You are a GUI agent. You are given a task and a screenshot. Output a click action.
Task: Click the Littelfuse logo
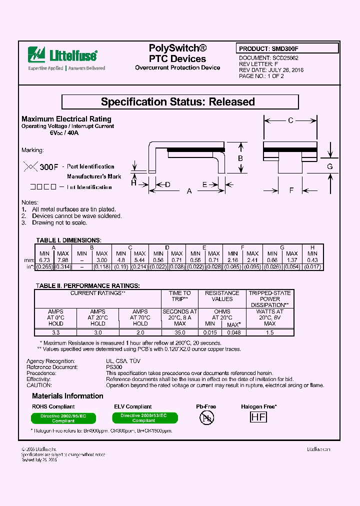point(62,54)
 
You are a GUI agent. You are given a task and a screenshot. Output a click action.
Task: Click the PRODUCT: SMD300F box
point(287,49)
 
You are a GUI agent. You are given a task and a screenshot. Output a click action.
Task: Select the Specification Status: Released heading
point(178,102)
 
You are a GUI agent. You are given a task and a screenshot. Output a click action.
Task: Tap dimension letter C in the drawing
point(290,120)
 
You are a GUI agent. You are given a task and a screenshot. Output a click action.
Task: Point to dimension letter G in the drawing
point(329,166)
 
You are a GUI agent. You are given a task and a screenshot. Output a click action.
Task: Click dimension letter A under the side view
point(189,191)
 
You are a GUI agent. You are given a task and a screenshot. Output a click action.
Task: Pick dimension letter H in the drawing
point(133,183)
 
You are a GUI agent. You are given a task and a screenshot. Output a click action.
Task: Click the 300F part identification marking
point(49,166)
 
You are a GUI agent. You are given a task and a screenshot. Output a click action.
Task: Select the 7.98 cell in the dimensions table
point(63,260)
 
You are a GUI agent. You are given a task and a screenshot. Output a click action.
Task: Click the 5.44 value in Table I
point(140,260)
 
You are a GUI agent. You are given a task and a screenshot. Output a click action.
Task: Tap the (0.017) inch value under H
point(312,267)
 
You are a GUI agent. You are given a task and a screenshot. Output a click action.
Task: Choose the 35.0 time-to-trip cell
point(179,332)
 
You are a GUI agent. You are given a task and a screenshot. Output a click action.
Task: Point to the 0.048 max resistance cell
point(233,332)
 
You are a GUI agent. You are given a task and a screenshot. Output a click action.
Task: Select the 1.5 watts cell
point(270,332)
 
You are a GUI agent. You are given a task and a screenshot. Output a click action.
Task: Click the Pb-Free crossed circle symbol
point(206,418)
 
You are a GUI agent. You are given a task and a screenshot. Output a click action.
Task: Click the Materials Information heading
point(67,396)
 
